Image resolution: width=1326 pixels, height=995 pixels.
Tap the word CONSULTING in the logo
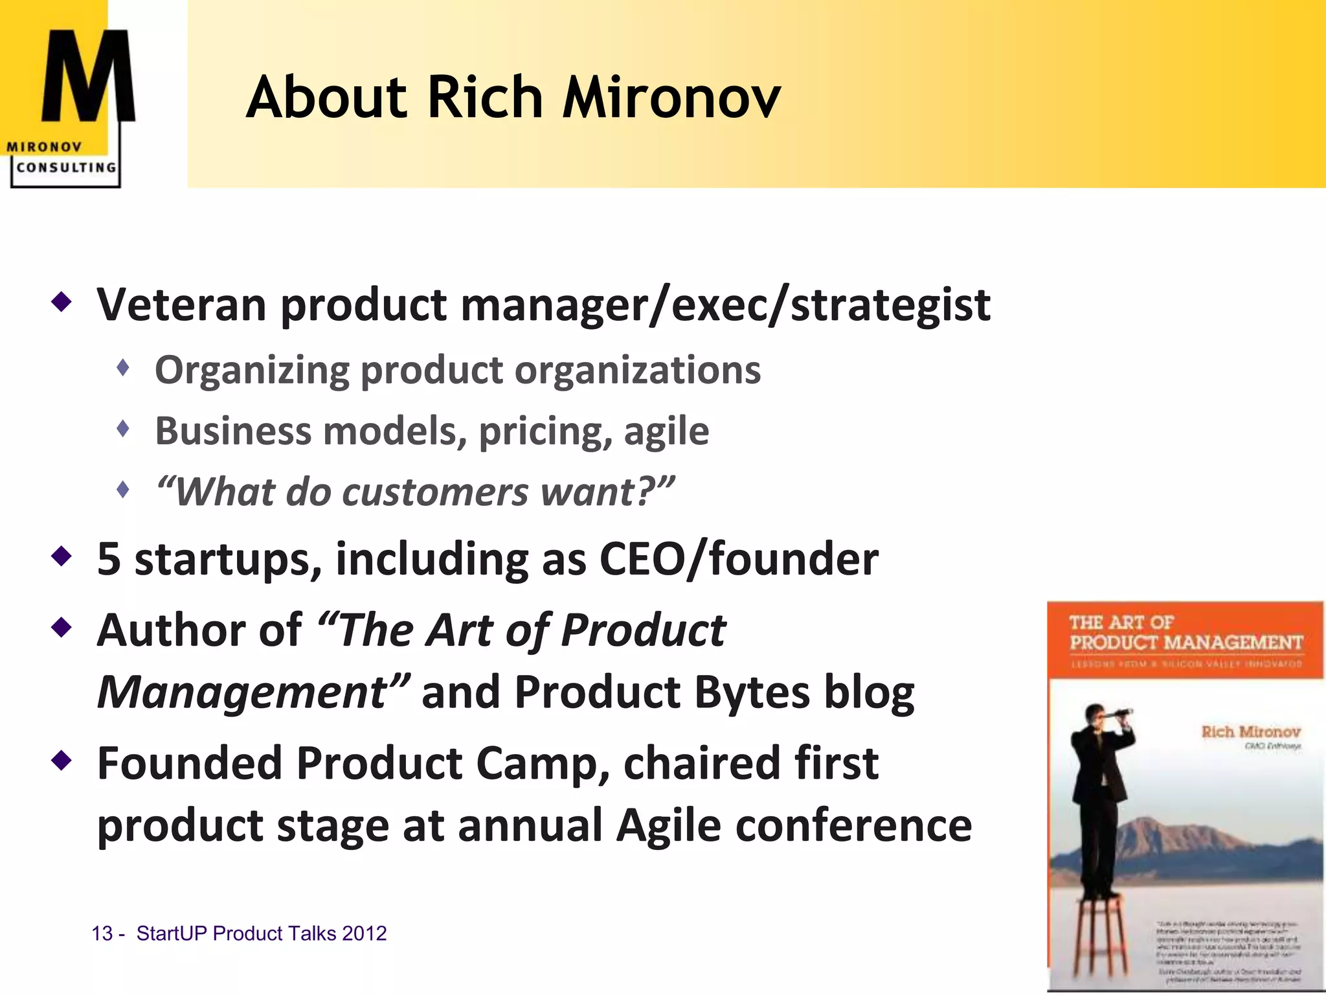(x=66, y=167)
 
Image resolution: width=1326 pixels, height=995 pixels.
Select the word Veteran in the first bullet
(x=181, y=304)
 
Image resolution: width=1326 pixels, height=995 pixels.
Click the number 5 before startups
(x=109, y=559)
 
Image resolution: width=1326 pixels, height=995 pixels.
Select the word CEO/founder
(x=739, y=559)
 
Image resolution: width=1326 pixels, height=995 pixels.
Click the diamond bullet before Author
(x=62, y=627)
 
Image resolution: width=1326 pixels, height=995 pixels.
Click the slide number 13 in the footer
(x=102, y=933)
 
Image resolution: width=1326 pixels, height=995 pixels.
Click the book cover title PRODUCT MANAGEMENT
(x=1186, y=643)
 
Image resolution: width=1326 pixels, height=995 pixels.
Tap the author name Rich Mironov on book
(x=1250, y=732)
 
